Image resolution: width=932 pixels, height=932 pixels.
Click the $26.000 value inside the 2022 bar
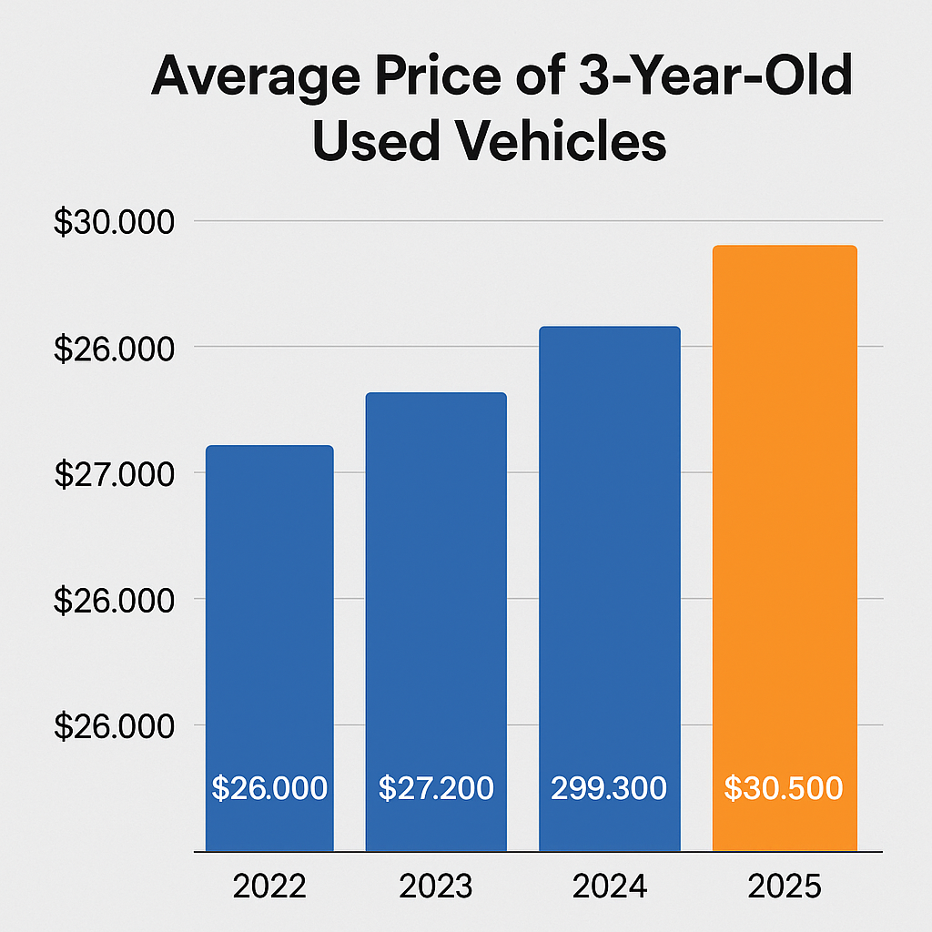(x=269, y=788)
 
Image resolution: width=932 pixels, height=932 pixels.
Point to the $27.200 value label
(x=436, y=788)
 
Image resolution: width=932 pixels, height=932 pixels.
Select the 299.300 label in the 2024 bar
(x=609, y=788)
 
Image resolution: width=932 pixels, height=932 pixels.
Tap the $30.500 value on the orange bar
(x=784, y=788)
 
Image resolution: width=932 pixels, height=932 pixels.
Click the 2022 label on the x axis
(x=269, y=886)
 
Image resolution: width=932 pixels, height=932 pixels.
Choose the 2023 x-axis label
(x=435, y=886)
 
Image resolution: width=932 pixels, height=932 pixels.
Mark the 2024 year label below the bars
(x=609, y=886)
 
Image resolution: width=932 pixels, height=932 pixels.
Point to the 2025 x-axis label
(x=784, y=886)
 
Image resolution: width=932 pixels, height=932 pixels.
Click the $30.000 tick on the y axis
(x=113, y=223)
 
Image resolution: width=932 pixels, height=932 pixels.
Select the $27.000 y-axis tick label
(x=113, y=475)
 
